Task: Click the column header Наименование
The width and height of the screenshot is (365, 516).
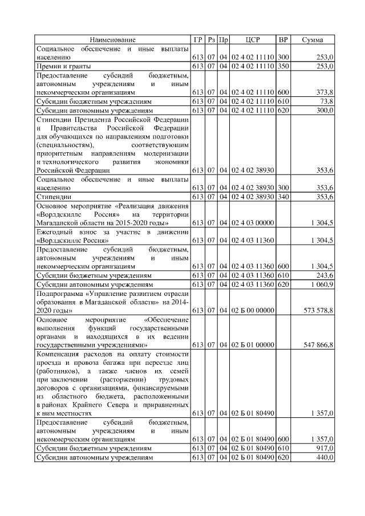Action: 112,39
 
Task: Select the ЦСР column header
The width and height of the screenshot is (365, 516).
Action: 253,39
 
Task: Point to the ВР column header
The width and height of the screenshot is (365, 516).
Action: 283,39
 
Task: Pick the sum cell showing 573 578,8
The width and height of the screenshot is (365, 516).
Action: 318,310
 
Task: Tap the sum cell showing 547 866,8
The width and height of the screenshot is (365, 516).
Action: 318,345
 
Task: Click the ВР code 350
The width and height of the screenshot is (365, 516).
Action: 283,66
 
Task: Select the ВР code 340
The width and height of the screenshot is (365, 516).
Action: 283,197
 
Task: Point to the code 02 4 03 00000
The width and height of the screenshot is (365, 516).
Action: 253,222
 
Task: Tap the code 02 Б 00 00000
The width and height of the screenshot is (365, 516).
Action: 253,310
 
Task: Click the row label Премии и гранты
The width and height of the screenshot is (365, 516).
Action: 65,66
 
